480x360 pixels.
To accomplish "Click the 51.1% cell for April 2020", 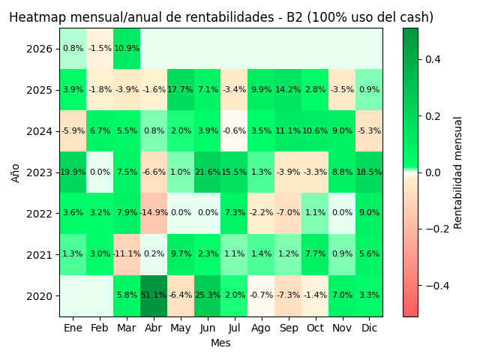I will (x=154, y=295).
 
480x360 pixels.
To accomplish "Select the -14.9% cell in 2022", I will (x=154, y=213).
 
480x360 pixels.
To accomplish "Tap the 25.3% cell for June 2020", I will (x=208, y=295).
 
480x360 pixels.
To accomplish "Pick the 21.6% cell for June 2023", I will (x=208, y=172).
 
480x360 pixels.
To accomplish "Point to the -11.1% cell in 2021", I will (x=127, y=254).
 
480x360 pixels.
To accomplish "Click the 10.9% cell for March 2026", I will (x=127, y=49).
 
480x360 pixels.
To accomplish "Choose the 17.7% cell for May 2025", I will (x=181, y=90).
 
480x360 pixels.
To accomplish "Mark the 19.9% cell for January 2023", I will (x=73, y=172).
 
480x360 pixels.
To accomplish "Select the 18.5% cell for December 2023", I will (x=369, y=172).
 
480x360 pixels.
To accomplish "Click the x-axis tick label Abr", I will (x=154, y=328).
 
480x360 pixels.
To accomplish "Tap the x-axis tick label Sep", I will (x=288, y=328).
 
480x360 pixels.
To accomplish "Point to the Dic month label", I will (x=369, y=328).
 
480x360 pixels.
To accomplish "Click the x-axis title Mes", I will (x=220, y=343).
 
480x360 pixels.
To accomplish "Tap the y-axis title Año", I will (x=16, y=172).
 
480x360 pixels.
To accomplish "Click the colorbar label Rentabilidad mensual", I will (x=458, y=172).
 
